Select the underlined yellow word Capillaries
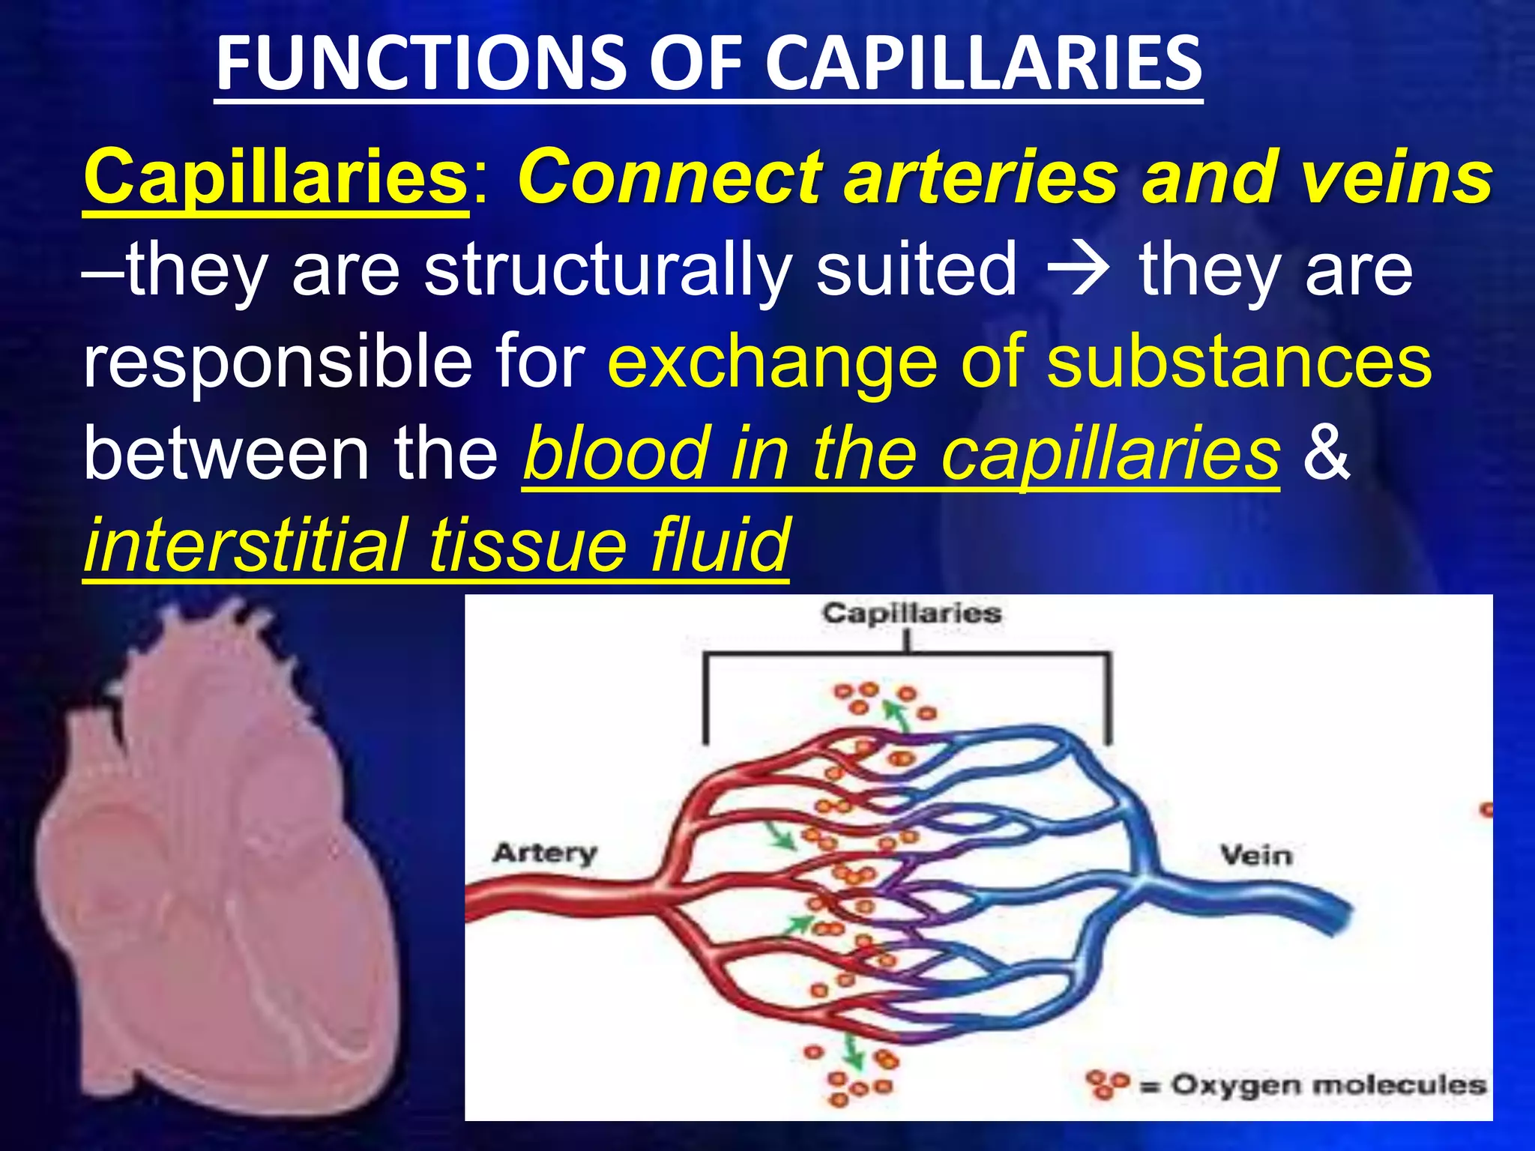point(276,178)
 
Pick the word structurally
point(608,270)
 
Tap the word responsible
point(277,363)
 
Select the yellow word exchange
point(772,363)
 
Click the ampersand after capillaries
point(1326,453)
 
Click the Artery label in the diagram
point(545,853)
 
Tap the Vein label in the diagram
point(1256,855)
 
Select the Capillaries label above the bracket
point(911,614)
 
